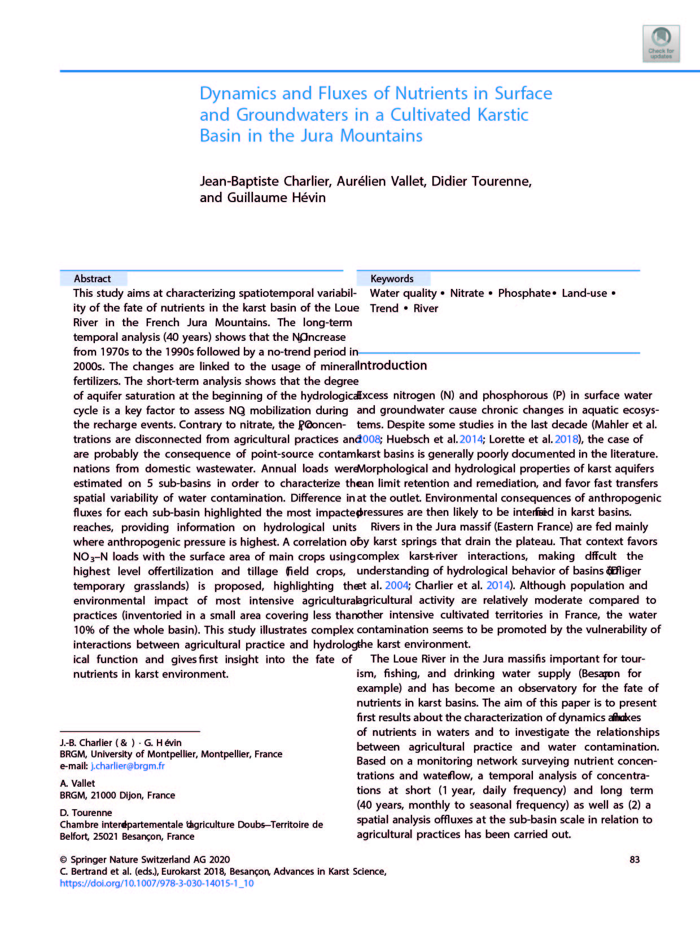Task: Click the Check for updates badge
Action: [661, 43]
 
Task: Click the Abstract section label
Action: [93, 279]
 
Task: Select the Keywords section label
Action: [392, 279]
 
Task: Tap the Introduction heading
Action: [393, 366]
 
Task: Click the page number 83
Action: [635, 859]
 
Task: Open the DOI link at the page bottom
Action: [156, 883]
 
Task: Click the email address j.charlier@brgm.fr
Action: [128, 766]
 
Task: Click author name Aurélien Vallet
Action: [381, 181]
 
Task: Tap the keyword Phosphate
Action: [524, 293]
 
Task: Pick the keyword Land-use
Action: [584, 293]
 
